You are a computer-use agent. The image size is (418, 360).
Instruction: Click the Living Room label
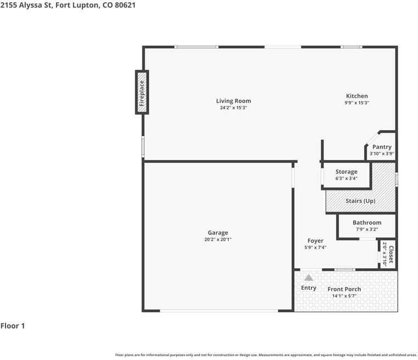coord(234,101)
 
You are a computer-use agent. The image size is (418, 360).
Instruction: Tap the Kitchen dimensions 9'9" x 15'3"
coord(357,103)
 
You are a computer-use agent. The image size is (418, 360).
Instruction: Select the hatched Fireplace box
coord(142,92)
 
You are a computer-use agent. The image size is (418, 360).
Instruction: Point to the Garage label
coord(218,232)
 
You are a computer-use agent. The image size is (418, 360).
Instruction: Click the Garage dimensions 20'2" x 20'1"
coord(218,239)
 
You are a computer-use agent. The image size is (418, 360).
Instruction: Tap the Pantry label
coord(382,147)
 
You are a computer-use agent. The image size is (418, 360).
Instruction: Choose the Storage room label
coord(346,171)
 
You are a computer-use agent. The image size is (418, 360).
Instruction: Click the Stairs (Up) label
coord(360,201)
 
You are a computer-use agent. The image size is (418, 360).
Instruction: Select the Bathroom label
coord(367,223)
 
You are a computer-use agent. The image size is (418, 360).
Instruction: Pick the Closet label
coord(391,254)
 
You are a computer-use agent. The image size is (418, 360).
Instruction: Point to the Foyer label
coord(315,241)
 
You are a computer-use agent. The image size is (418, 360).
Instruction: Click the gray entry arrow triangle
coord(309,278)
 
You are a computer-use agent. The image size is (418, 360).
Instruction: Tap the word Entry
coord(309,288)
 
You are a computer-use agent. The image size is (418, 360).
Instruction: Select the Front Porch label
coord(344,289)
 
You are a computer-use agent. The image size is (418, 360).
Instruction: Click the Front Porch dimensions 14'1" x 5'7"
coord(344,296)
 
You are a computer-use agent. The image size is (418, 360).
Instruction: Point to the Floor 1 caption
coord(13,325)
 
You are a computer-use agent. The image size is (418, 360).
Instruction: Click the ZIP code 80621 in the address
coord(125,5)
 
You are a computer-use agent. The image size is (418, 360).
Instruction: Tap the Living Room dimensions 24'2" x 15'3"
coord(234,108)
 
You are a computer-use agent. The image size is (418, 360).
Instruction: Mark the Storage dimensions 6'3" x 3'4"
coord(346,178)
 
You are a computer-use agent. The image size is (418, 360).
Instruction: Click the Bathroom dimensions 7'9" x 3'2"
coord(367,229)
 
